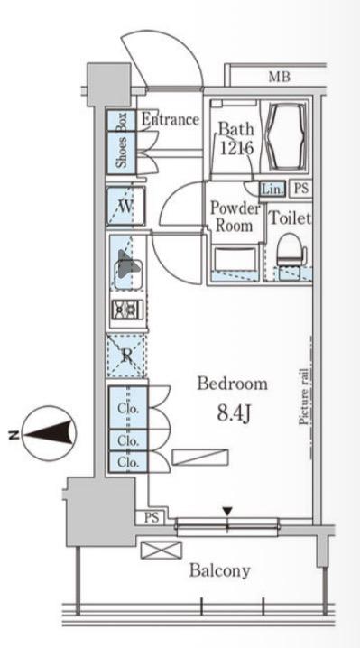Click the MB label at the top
coord(280,77)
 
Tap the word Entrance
coord(171,120)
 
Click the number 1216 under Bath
coord(236,147)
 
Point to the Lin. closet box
coord(272,189)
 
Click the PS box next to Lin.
coord(301,189)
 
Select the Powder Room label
coord(236,217)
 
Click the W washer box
coord(125,206)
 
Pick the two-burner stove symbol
coord(127,309)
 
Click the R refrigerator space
coord(126,356)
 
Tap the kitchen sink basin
coord(128,269)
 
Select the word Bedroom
coord(232,384)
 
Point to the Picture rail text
coord(304,397)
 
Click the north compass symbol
coord(50,434)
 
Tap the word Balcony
coord(220,571)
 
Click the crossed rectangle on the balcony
coord(162,550)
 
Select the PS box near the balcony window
coord(152,518)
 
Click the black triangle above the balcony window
coord(227,512)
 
